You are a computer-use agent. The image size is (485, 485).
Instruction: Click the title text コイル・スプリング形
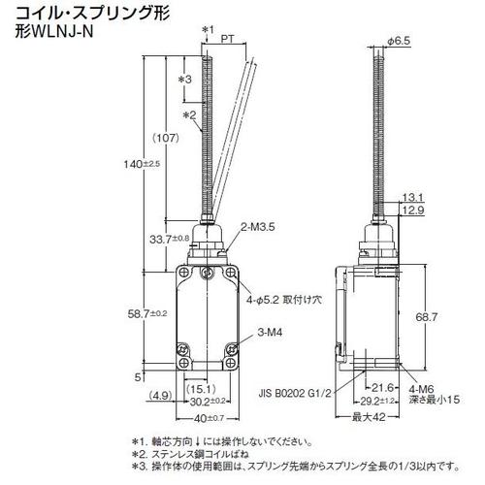77,14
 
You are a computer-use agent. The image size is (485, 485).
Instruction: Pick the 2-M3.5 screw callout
258,228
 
